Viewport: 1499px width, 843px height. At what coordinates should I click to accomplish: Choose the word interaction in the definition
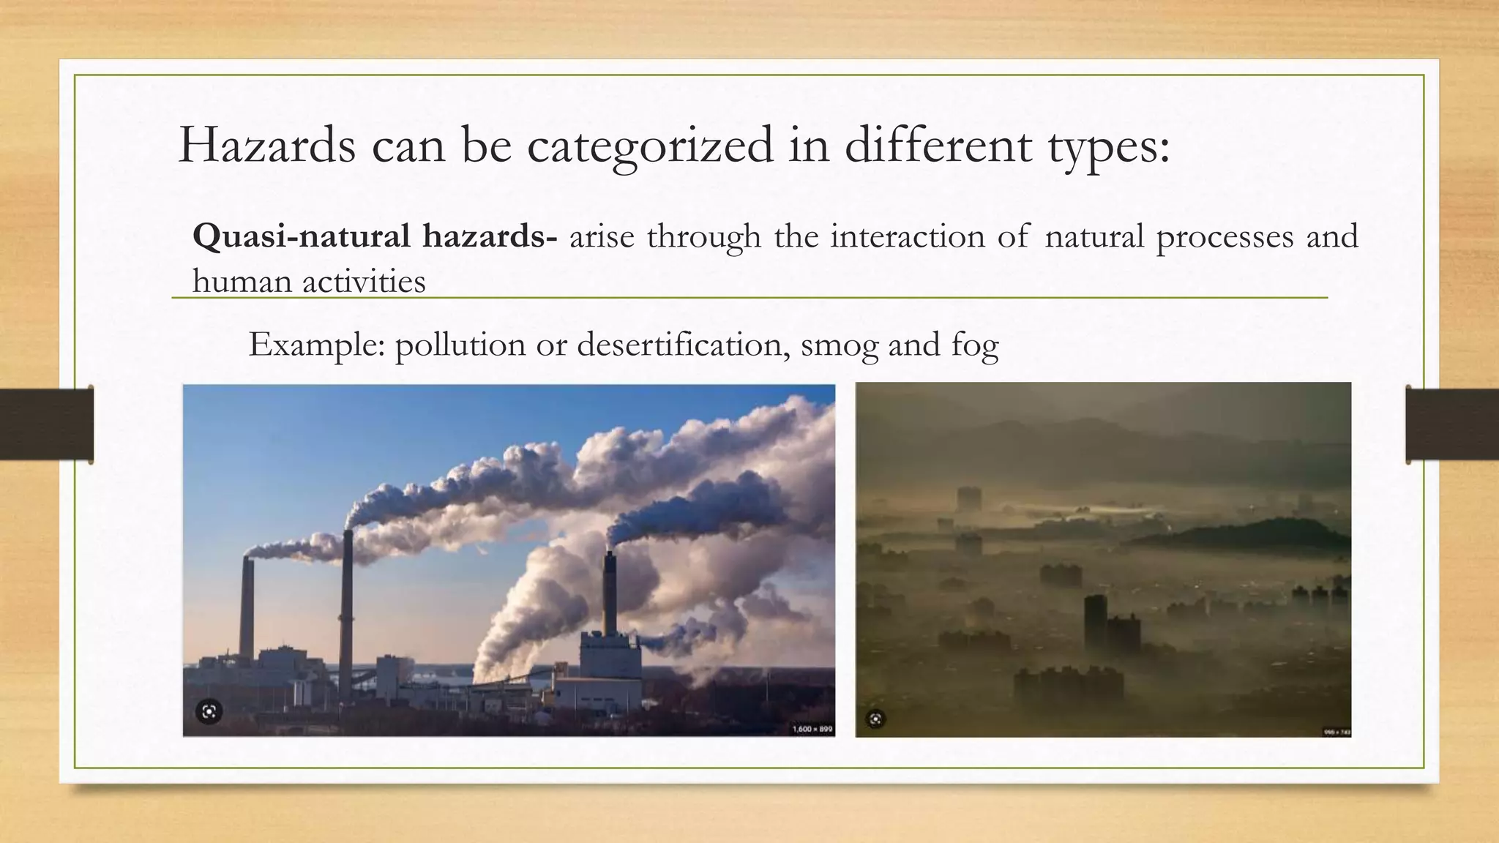click(908, 236)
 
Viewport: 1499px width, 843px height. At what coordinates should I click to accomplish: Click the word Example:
click(316, 345)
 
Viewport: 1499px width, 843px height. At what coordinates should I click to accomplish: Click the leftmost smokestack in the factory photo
click(247, 607)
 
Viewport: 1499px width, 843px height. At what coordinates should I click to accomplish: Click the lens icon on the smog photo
click(876, 719)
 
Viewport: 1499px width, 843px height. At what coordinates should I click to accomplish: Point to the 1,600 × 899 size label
click(812, 729)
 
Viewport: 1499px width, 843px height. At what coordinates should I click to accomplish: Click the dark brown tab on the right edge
click(1452, 424)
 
